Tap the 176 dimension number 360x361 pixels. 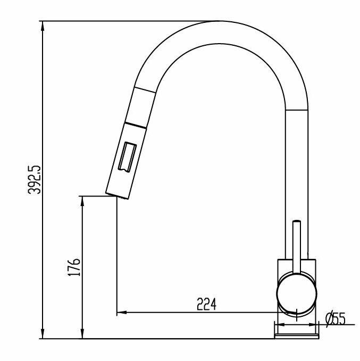74,267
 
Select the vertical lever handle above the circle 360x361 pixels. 296,245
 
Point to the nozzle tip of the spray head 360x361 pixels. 116,194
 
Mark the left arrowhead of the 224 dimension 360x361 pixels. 119,311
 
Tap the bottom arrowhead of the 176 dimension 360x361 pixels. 82,335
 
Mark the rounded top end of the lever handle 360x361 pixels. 297,220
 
